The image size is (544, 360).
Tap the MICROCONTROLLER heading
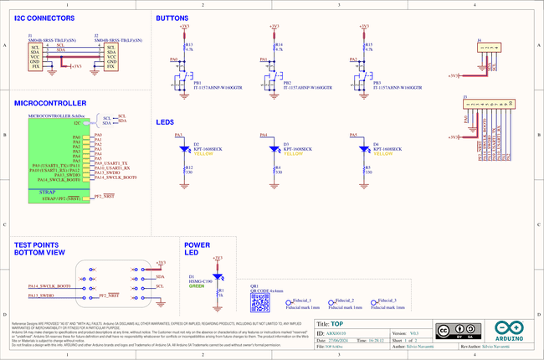pos(50,103)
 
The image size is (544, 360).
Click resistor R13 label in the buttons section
pos(188,44)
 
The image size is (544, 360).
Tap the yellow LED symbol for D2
pos(184,149)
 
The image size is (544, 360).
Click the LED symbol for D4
pos(364,149)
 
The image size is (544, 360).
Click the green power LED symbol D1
pos(218,275)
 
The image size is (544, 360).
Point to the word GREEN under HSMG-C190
pos(196,286)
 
